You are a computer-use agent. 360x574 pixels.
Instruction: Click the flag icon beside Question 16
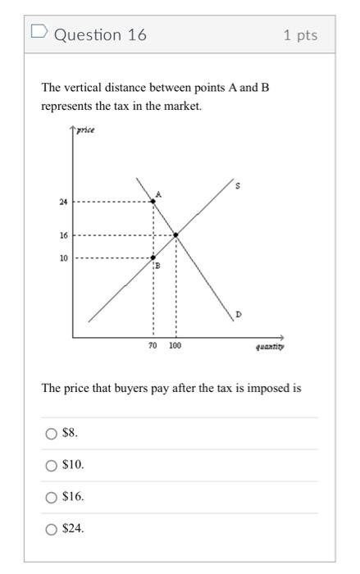click(x=38, y=34)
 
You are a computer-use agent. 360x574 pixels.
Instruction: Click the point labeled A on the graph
click(x=153, y=200)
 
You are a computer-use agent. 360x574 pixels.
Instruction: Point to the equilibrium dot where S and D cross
click(x=176, y=235)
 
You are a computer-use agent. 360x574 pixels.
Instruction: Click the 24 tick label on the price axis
click(x=63, y=201)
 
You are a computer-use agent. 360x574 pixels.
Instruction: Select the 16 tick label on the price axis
click(x=63, y=235)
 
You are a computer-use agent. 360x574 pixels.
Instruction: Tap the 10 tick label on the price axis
click(x=63, y=257)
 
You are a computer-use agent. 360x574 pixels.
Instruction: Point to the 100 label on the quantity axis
click(x=175, y=346)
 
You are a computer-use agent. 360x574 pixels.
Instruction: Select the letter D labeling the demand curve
click(x=238, y=314)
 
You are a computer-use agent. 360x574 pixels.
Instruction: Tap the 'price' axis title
click(x=85, y=131)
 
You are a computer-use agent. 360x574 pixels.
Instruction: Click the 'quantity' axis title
click(x=270, y=347)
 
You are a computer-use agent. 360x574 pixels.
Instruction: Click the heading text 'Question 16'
click(x=100, y=35)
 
